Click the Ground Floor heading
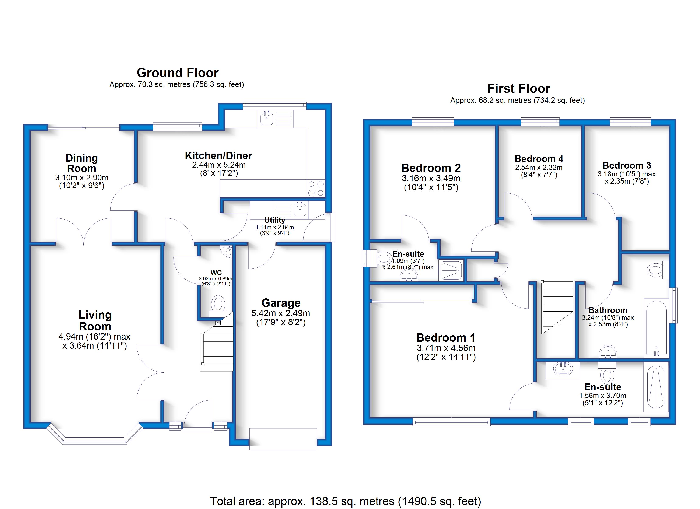pos(178,73)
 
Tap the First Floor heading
pos(518,89)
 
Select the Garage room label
pos(281,303)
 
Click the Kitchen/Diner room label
pos(218,156)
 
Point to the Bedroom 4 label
pos(539,159)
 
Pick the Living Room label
pos(95,320)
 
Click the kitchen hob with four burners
pos(316,188)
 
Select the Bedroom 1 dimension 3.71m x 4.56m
pos(446,348)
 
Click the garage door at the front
pos(283,439)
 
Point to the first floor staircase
pos(558,307)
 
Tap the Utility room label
pos(275,220)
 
